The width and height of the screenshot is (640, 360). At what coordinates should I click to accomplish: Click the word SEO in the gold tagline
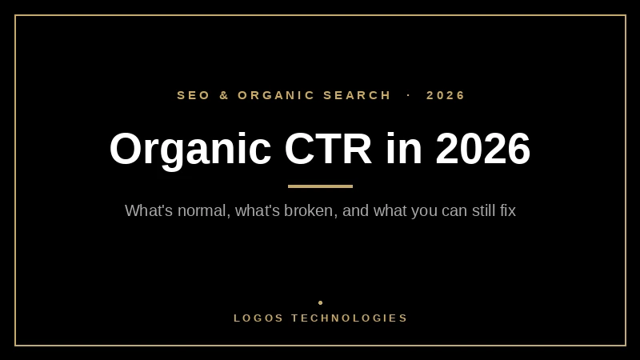pyautogui.click(x=193, y=95)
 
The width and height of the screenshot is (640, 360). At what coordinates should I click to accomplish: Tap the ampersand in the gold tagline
pyautogui.click(x=224, y=95)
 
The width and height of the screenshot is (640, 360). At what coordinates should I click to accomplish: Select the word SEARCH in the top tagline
pyautogui.click(x=357, y=95)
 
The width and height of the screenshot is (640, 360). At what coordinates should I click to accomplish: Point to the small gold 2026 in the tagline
pyautogui.click(x=446, y=95)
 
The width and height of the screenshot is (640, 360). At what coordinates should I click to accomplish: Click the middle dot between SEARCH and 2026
pyautogui.click(x=409, y=95)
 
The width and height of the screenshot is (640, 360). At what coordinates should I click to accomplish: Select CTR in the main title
pyautogui.click(x=328, y=148)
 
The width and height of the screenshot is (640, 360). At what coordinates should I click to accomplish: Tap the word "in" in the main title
pyautogui.click(x=404, y=148)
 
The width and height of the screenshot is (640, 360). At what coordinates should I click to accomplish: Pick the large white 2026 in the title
pyautogui.click(x=483, y=148)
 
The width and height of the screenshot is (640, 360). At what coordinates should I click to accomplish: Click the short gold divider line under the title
pyautogui.click(x=321, y=186)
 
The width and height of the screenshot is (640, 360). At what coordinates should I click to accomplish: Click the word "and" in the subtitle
pyautogui.click(x=355, y=211)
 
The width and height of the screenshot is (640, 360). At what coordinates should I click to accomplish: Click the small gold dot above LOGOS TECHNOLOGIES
pyautogui.click(x=321, y=303)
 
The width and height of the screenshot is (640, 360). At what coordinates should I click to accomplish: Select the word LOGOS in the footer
pyautogui.click(x=258, y=318)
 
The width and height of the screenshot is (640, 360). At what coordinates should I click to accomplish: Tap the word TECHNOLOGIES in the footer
pyautogui.click(x=349, y=318)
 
